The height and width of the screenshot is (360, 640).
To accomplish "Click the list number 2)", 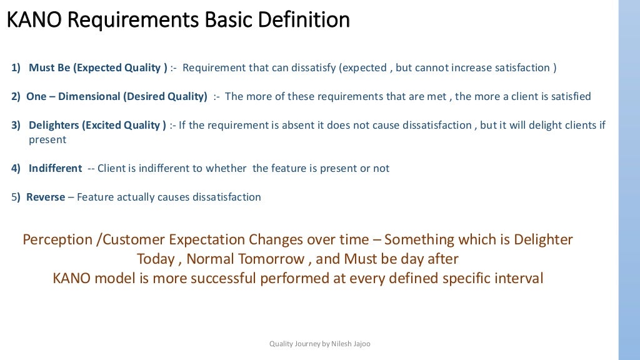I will tap(16, 97).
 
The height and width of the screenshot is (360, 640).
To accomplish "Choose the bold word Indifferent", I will tap(55, 169).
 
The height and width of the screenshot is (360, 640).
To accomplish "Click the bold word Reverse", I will tap(46, 197).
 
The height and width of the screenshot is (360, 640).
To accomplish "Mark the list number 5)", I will tap(16, 197).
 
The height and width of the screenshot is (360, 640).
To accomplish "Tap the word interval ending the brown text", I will tap(517, 279).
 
